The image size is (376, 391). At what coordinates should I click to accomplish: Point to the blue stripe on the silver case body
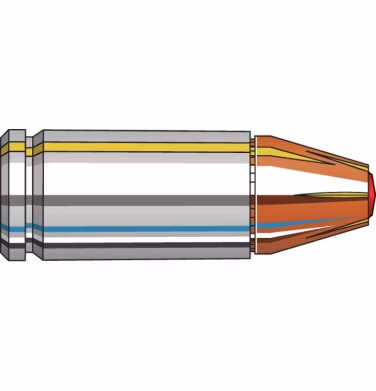[146, 228]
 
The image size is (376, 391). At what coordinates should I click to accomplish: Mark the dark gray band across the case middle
[146, 200]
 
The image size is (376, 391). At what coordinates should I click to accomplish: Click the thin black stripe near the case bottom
[146, 244]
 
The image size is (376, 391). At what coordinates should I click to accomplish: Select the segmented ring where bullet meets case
[253, 195]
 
